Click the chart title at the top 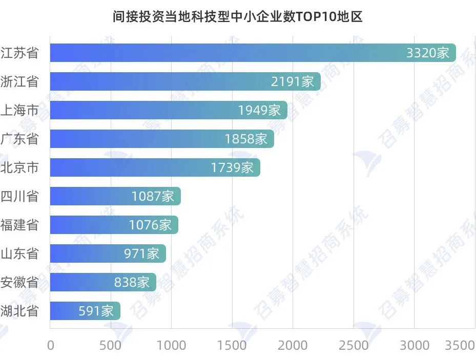[238, 17]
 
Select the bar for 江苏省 [253, 53]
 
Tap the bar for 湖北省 [85, 311]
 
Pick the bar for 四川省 [115, 196]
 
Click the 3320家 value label [427, 53]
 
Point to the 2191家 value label [292, 81]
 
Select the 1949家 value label [259, 110]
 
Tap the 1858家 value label [246, 139]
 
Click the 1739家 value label [232, 167]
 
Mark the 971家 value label [142, 253]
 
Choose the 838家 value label [132, 282]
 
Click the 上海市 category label [19, 110]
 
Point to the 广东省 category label [19, 139]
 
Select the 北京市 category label [19, 167]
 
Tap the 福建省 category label [19, 225]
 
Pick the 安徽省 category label [19, 282]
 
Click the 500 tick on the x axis [111, 346]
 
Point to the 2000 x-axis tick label [293, 346]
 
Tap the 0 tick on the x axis [50, 346]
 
